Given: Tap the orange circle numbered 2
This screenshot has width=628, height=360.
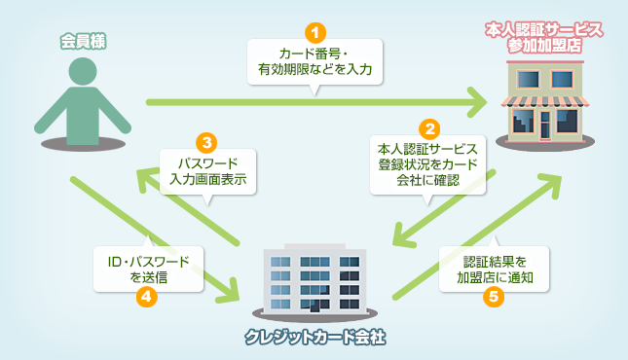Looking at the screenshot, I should (427, 127).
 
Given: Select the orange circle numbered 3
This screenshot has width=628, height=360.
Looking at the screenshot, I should (205, 140).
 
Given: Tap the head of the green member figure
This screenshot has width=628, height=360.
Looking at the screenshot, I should (81, 74).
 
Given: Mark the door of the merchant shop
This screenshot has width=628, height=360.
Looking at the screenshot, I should (547, 125).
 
